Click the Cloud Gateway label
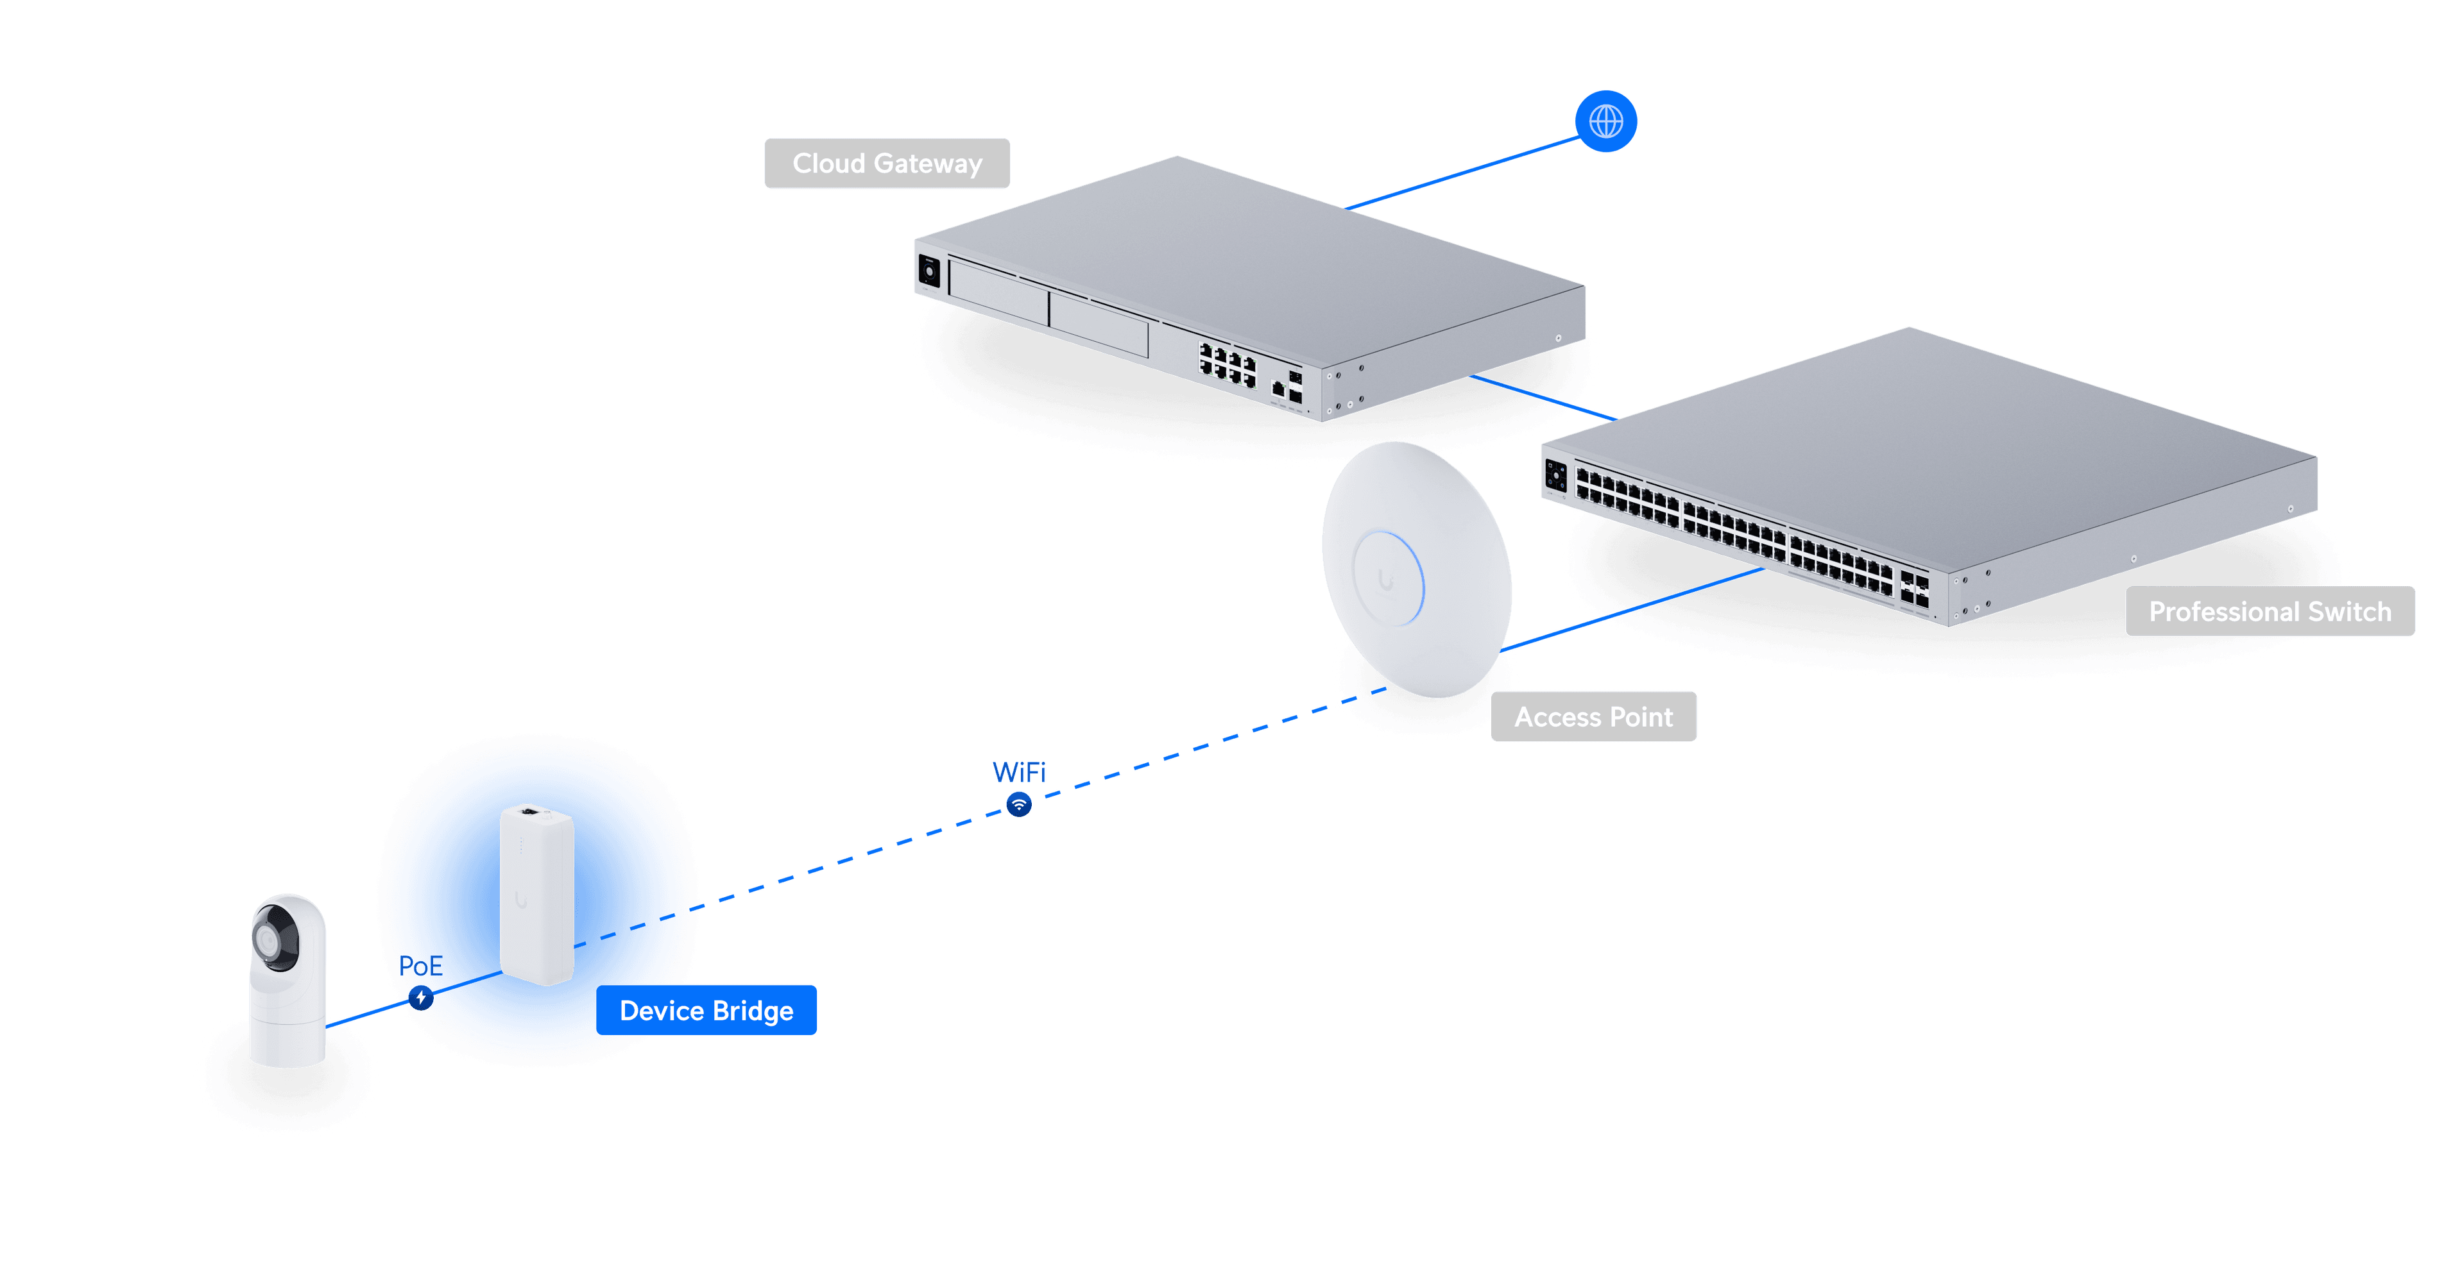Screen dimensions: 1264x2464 click(887, 164)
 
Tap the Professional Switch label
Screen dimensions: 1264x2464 click(2269, 612)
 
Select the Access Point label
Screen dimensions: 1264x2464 click(1593, 717)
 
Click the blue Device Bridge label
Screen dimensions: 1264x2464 click(706, 1011)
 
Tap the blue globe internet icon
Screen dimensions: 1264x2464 click(1606, 121)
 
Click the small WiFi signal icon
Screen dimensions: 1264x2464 click(1020, 804)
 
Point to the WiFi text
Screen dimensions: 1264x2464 click(1020, 771)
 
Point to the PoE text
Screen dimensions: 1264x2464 click(421, 966)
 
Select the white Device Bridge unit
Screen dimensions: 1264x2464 click(536, 894)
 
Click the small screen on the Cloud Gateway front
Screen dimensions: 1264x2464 click(928, 271)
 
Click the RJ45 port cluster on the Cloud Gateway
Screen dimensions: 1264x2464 click(1228, 366)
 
